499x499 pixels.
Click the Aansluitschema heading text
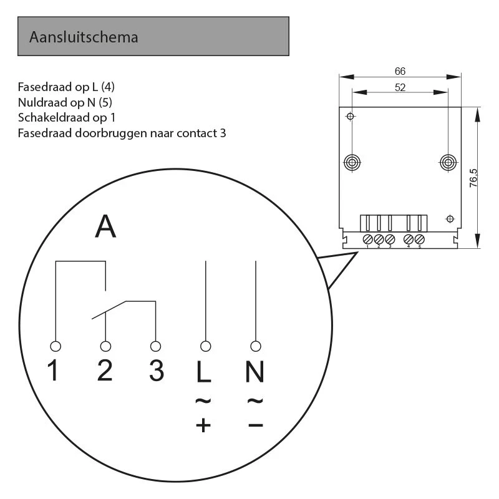[x=84, y=37]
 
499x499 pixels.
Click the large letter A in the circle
[x=105, y=226]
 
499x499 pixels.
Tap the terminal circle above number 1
[x=56, y=346]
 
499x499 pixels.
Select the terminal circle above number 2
[x=105, y=346]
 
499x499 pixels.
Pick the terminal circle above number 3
[x=155, y=346]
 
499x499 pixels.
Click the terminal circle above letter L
[x=205, y=346]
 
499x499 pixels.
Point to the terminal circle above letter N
[x=254, y=346]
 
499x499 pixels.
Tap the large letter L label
[x=204, y=372]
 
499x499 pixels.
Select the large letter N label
[x=254, y=372]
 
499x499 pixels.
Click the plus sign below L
[x=204, y=425]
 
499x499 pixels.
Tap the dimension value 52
[x=400, y=88]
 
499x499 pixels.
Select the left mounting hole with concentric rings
[x=352, y=163]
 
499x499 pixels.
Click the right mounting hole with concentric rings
[x=447, y=163]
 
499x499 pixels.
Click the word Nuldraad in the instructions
[x=41, y=102]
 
